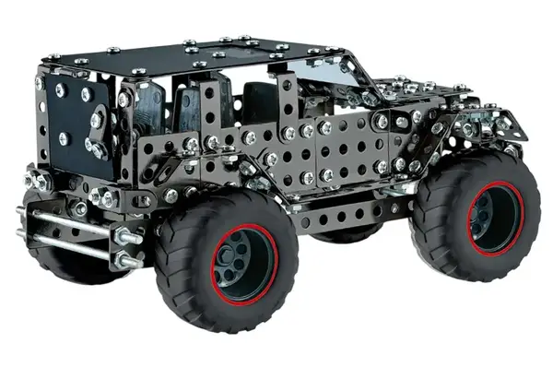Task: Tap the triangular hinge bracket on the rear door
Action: click(x=98, y=115)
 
